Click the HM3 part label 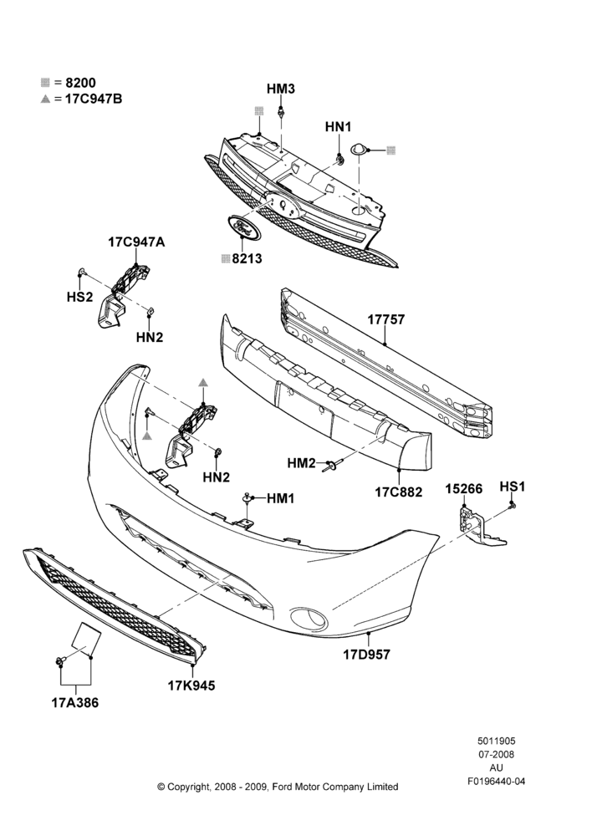point(281,89)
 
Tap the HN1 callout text point(339,127)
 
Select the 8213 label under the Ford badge point(247,258)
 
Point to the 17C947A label point(136,242)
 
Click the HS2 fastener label point(80,297)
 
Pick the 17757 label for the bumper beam point(386,319)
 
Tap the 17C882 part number point(398,492)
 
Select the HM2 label point(302,463)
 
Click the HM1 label point(281,498)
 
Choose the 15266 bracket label point(464,489)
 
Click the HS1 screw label point(513,487)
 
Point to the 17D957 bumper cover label point(366,655)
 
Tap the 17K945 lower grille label point(191,686)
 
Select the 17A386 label point(75,703)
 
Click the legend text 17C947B point(94,99)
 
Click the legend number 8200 point(80,83)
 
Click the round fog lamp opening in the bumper point(309,618)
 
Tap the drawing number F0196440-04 point(497,782)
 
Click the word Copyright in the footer point(186,787)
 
